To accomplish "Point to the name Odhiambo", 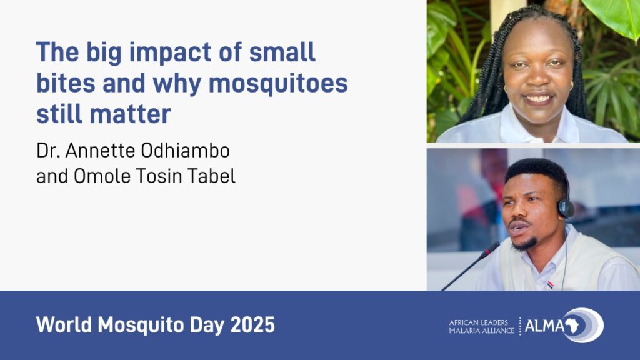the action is [x=185, y=150].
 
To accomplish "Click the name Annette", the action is [x=101, y=150].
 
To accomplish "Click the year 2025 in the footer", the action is [x=252, y=325].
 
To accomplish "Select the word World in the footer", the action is [x=64, y=325].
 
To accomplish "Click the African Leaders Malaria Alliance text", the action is [x=482, y=326].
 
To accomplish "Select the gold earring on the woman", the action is [x=571, y=86].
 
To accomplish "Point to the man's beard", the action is [x=522, y=244].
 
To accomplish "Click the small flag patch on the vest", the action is [x=550, y=284].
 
